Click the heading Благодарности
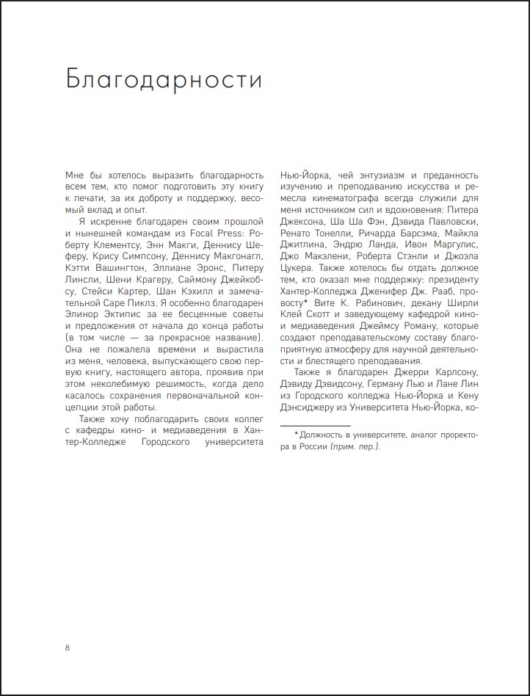pos(164,79)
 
